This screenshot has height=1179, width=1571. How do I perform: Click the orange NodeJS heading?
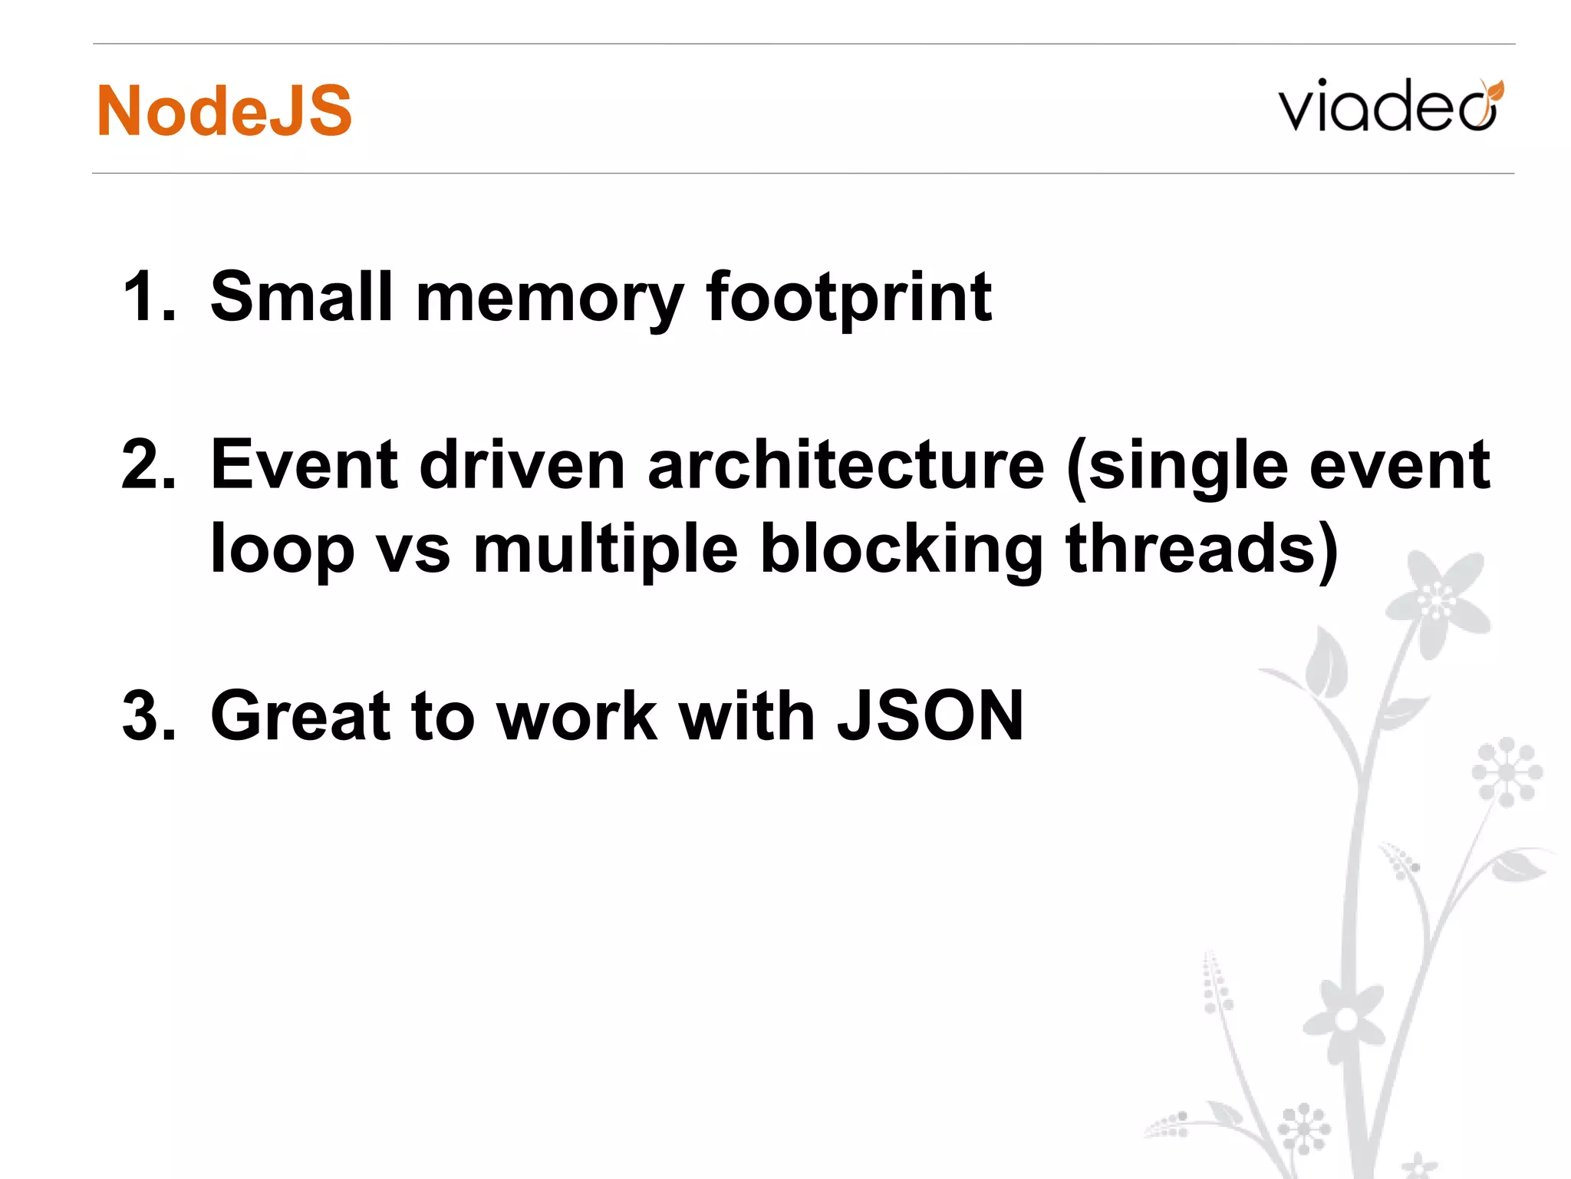224,111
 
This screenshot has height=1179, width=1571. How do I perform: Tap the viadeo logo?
1388,107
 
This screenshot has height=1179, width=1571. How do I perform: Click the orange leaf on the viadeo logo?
1492,91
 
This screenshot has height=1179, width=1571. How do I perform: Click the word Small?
301,297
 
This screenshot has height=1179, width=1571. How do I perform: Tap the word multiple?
605,550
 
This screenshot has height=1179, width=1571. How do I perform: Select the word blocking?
901,550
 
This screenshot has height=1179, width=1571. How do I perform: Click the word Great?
300,715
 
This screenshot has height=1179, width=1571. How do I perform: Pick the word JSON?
930,715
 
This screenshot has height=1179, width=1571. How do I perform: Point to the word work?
577,715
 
